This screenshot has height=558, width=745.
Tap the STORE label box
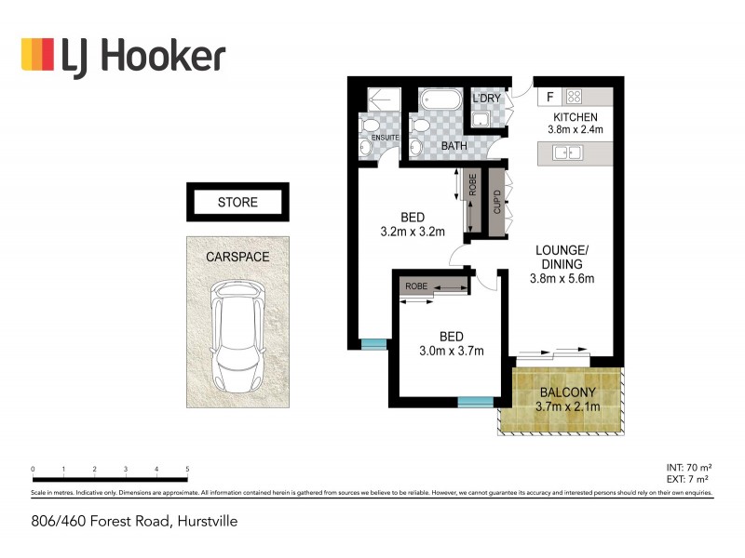tap(237, 202)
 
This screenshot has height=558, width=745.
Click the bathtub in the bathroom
tap(437, 100)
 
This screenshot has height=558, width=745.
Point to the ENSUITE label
tap(386, 138)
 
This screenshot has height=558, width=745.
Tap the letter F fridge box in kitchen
tap(549, 97)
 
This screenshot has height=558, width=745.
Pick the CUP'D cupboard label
tap(497, 202)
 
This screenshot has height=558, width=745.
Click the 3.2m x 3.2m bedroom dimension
tap(413, 232)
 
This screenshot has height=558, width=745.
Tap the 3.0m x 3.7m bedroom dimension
tap(450, 352)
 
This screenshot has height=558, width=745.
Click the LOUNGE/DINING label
tap(562, 257)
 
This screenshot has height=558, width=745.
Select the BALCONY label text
tap(567, 392)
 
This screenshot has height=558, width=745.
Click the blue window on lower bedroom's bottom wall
tap(475, 403)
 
